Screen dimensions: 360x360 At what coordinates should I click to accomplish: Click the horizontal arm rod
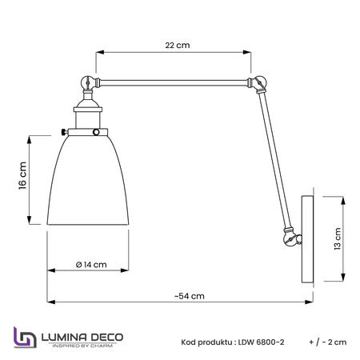click(x=176, y=81)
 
